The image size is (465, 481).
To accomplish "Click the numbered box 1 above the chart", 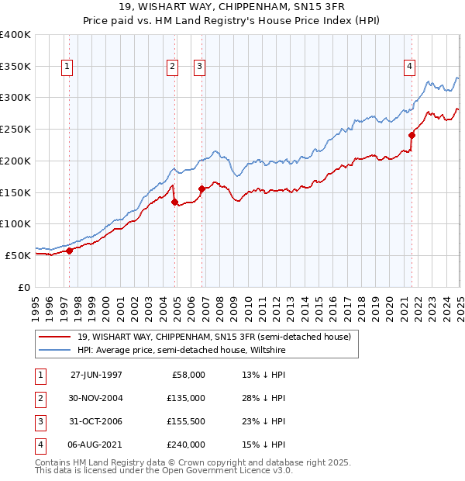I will pos(68,67).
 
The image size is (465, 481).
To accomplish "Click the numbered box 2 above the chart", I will pos(171,67).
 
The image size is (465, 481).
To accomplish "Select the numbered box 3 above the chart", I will pos(199,67).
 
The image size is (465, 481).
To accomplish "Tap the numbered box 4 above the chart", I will pos(408,67).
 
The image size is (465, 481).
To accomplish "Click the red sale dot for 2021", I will pos(412,135).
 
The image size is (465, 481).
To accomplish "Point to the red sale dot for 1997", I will pos(69,250).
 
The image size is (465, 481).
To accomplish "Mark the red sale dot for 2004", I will pos(174,202).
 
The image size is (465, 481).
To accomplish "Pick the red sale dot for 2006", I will pos(201,189).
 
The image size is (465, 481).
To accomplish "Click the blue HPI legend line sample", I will pos(56,350).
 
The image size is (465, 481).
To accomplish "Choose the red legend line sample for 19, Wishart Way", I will pos(56,337).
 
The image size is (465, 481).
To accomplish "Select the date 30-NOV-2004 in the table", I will pos(96,398).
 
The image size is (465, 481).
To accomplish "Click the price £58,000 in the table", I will pos(189,375).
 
